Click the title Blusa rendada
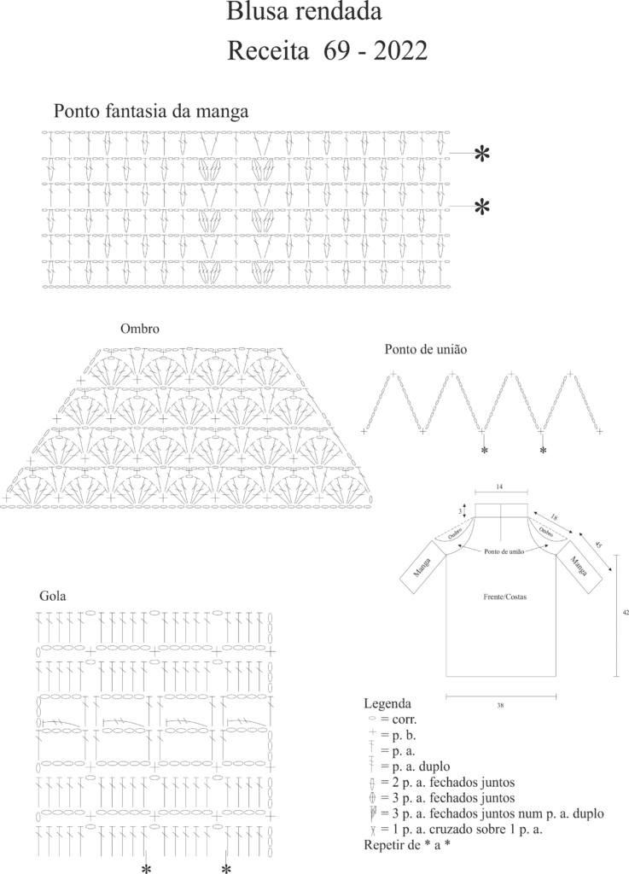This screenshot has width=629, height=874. [x=304, y=11]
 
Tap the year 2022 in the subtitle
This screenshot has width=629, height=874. [x=400, y=51]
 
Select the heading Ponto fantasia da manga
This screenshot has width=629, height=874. [x=151, y=112]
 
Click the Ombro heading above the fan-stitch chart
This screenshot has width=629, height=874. [x=140, y=329]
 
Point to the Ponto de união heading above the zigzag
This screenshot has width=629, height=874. [x=426, y=349]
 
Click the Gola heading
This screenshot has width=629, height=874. [x=53, y=596]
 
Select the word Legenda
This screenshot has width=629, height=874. [x=387, y=703]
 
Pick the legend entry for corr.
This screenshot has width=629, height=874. [x=393, y=720]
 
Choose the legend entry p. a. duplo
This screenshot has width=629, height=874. [x=409, y=766]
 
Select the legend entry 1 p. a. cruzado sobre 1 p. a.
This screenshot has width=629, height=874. [x=456, y=830]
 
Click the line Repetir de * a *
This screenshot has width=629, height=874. [x=407, y=845]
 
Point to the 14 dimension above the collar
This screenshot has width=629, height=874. [x=500, y=487]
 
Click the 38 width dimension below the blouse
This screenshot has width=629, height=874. [x=500, y=706]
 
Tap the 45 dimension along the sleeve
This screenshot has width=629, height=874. [x=598, y=545]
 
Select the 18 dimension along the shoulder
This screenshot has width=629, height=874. [x=554, y=518]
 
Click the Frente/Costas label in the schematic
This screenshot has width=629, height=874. [x=504, y=597]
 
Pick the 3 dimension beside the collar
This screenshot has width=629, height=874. [x=460, y=510]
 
